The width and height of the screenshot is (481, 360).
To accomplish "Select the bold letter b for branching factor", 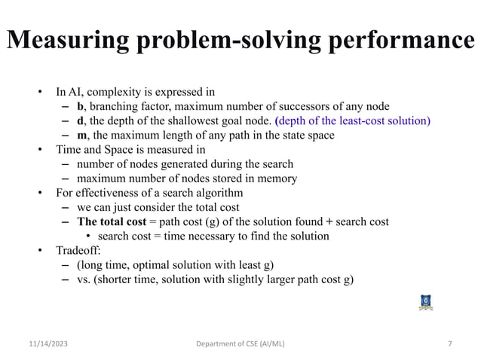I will click(x=81, y=107).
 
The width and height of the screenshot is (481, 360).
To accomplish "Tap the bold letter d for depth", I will click(x=81, y=121).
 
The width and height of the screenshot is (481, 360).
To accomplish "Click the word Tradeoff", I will click(x=78, y=250).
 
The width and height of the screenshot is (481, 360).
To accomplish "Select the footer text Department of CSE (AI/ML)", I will click(x=239, y=344).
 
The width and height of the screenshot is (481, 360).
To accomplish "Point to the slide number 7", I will click(x=450, y=344).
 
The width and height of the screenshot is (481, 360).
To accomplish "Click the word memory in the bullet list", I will click(x=276, y=178).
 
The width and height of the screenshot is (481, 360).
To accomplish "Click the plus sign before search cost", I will click(x=329, y=221).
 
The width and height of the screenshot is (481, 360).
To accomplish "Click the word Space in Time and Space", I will click(x=119, y=150).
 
